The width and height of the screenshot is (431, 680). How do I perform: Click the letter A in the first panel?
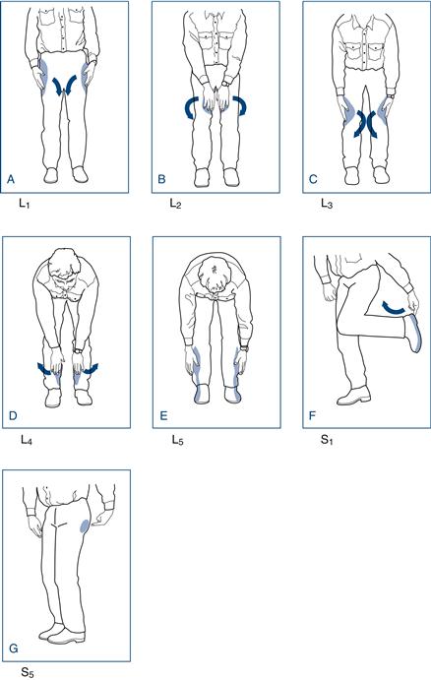[x=12, y=180]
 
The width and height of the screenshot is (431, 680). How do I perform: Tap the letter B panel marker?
[x=162, y=180]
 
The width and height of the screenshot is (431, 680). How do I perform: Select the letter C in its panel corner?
[x=312, y=180]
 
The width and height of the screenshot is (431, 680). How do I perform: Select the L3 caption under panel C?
[x=327, y=208]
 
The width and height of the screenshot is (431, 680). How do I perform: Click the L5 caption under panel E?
[x=176, y=442]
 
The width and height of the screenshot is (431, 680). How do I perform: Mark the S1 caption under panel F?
[x=327, y=443]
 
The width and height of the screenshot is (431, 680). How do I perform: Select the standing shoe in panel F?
[x=353, y=398]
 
